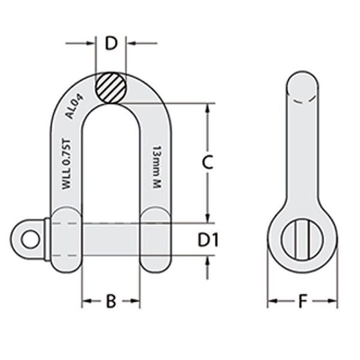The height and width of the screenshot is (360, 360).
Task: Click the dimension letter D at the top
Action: click(110, 43)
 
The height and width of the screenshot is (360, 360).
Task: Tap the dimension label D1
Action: click(208, 240)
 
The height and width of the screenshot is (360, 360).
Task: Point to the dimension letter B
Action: click(110, 301)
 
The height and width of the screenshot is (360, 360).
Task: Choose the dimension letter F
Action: click(302, 301)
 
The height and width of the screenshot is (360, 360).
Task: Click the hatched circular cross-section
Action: click(110, 88)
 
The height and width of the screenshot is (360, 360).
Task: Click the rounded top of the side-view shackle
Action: click(302, 84)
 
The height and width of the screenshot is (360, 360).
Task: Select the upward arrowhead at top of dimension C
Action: click(208, 108)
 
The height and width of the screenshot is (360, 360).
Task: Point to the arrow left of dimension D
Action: click(90, 43)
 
